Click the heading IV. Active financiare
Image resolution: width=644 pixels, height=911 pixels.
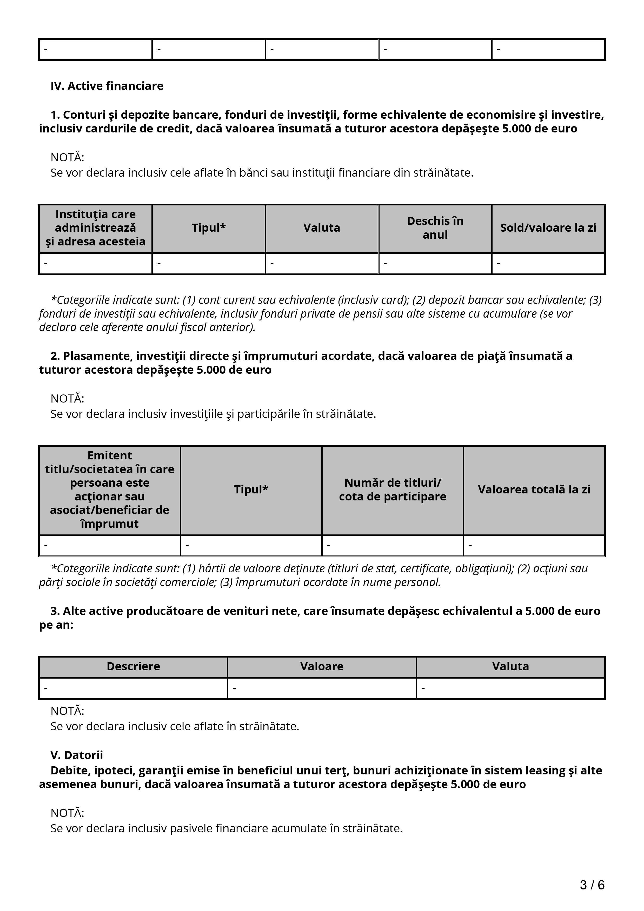click(107, 86)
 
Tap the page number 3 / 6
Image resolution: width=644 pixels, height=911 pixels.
click(592, 885)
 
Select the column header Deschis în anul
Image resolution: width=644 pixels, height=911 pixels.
click(435, 228)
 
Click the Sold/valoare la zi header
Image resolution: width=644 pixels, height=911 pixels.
click(548, 228)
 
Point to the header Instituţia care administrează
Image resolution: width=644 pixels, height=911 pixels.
click(95, 228)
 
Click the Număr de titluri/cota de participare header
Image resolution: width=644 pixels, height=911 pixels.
click(393, 490)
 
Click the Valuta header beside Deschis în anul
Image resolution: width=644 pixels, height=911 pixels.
click(322, 228)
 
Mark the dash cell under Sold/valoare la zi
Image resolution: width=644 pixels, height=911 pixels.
click(548, 264)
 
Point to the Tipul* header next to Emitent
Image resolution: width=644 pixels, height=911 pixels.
click(251, 490)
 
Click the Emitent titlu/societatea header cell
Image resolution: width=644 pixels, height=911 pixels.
click(110, 490)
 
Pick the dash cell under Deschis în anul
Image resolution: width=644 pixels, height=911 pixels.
click(435, 264)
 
